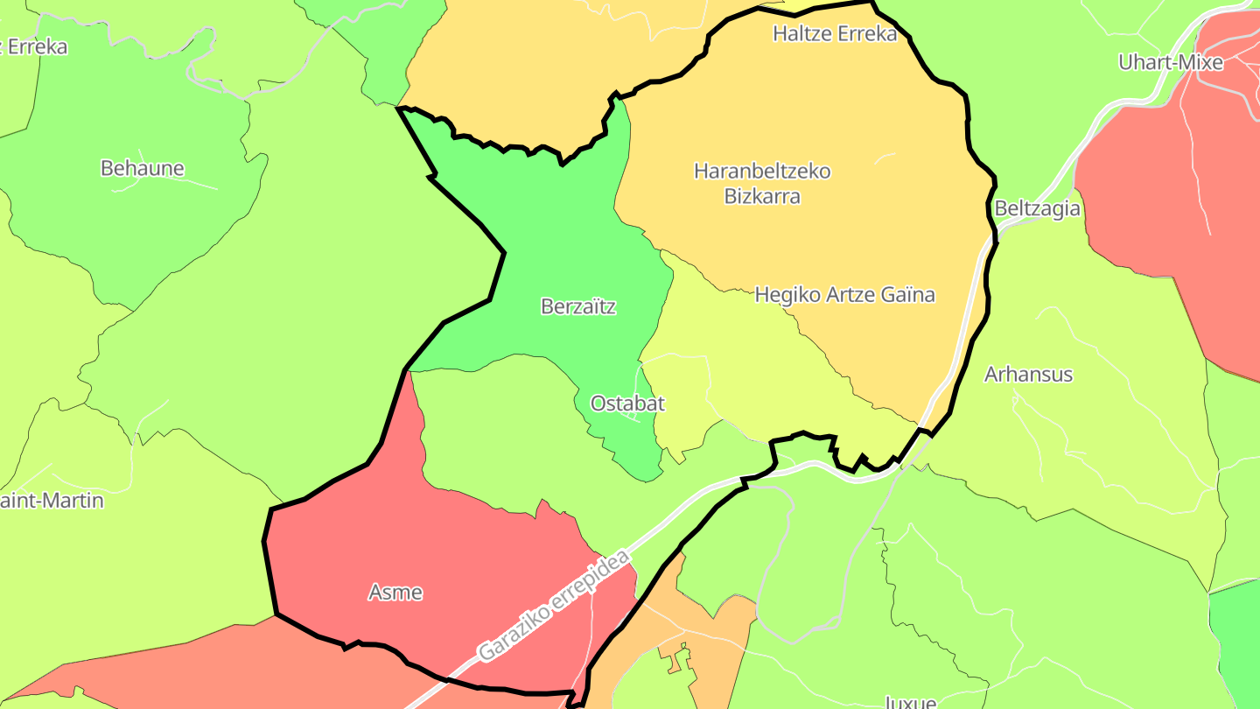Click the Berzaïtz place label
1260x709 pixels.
(x=578, y=306)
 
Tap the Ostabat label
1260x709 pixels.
(x=627, y=404)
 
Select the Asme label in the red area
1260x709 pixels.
(x=395, y=593)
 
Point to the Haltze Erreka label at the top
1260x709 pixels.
(x=835, y=34)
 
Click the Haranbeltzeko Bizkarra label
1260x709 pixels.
(x=762, y=183)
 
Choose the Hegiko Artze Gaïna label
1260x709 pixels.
(x=844, y=295)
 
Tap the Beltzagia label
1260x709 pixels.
(x=1037, y=209)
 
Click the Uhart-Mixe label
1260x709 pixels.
(x=1171, y=62)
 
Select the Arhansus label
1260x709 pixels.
(x=1028, y=375)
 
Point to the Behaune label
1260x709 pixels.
(x=143, y=168)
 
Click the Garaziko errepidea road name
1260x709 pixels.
(x=554, y=606)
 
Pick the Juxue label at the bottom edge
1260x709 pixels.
(x=910, y=702)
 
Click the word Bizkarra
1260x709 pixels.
(x=762, y=196)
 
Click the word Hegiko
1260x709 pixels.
(x=786, y=295)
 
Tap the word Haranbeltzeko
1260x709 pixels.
(x=762, y=171)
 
